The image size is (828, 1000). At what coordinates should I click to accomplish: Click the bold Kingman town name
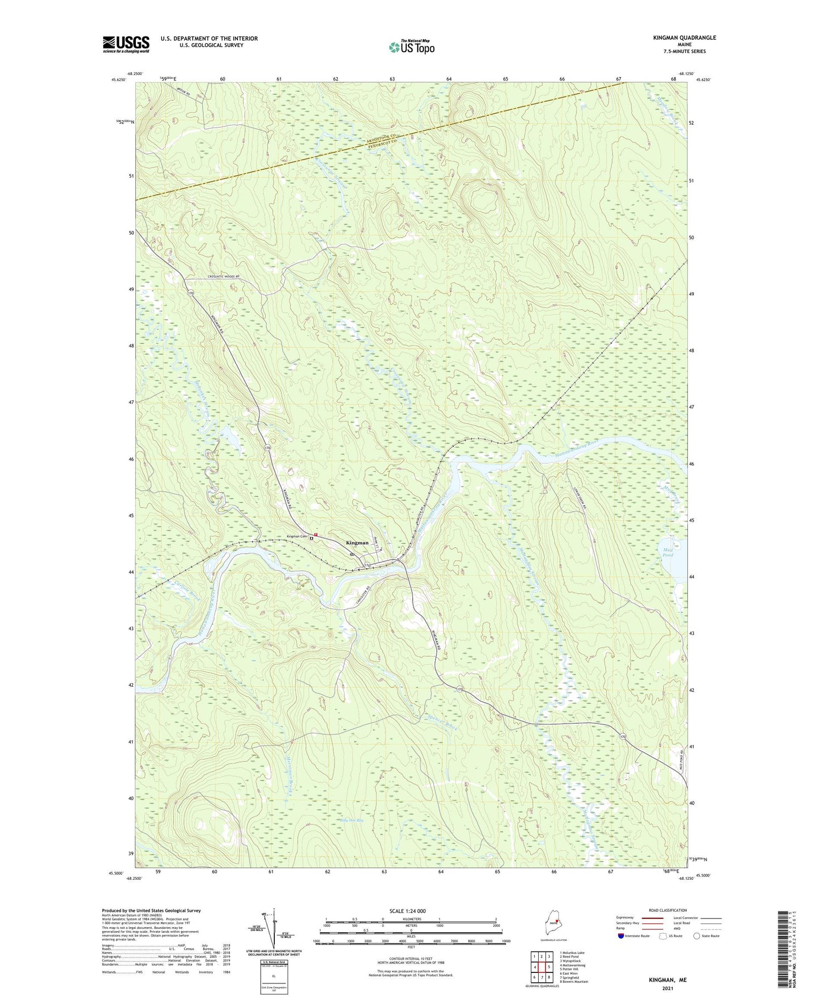(x=357, y=543)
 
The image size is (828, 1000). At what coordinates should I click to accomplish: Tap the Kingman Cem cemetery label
(x=296, y=537)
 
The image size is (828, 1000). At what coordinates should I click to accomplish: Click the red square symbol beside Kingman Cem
(x=316, y=534)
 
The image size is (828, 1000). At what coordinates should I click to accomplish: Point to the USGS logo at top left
(x=126, y=44)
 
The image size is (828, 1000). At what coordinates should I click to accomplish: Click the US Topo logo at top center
(x=411, y=47)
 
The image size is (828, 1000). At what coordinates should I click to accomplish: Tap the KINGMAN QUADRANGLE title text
(x=682, y=38)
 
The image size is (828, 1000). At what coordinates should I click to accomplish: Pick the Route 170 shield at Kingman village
(x=367, y=564)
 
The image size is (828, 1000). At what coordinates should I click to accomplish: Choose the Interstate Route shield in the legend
(x=622, y=936)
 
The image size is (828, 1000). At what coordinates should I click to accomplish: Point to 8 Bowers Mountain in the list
(x=574, y=981)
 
